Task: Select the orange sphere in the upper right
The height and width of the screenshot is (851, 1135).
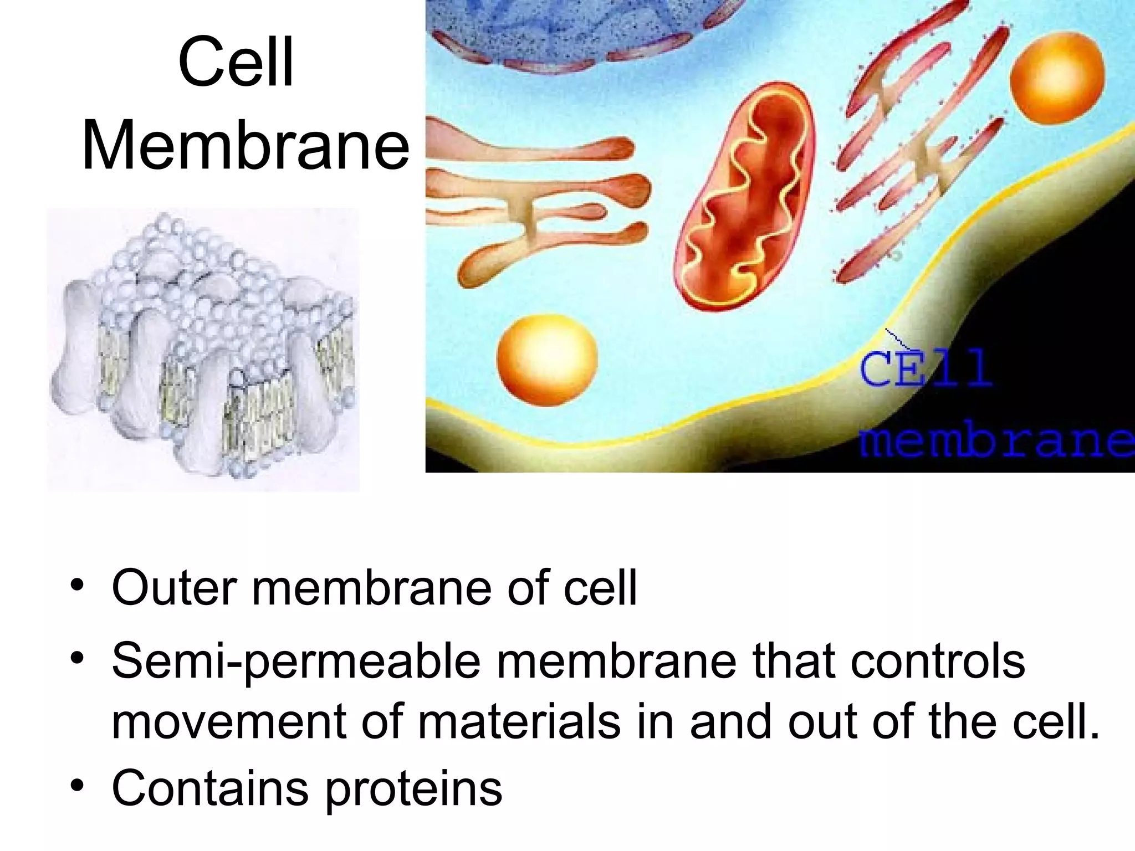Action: (1057, 76)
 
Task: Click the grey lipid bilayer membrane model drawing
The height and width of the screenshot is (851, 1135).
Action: (202, 349)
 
